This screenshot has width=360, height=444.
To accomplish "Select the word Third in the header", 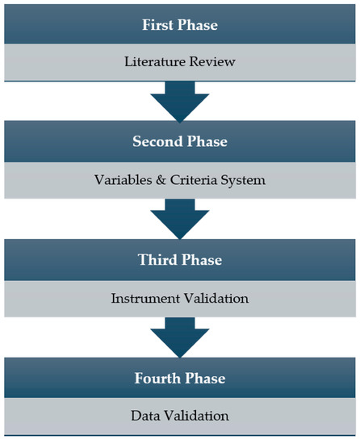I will (x=157, y=260).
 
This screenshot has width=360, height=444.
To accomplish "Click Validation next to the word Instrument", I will (x=214, y=298).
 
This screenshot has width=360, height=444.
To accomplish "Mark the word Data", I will (x=145, y=417).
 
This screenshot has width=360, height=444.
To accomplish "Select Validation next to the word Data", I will (x=196, y=417).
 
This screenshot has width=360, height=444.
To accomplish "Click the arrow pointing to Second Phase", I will (x=180, y=100).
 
